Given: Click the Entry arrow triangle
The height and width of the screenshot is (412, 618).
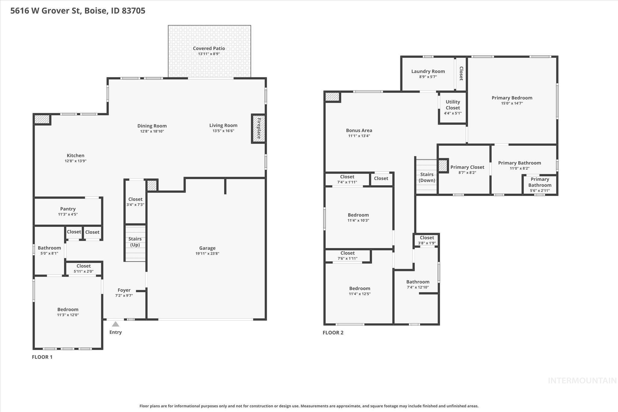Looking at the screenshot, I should [x=116, y=324].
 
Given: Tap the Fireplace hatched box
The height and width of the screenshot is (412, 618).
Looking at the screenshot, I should [x=258, y=128].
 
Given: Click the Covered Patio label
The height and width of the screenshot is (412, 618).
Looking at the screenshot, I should [x=209, y=48].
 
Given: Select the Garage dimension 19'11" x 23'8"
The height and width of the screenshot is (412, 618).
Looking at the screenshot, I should [x=207, y=254].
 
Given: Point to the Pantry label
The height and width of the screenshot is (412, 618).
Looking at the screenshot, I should [x=68, y=209].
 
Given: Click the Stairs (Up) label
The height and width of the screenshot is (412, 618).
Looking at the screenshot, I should [x=135, y=242].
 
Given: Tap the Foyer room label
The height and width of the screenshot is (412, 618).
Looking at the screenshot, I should [x=124, y=290].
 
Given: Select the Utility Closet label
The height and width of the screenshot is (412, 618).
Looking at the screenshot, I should [x=453, y=105].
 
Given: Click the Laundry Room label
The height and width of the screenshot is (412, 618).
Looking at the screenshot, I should [x=428, y=71].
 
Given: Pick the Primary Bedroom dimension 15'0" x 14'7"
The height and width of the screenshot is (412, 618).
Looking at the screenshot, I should [x=512, y=103].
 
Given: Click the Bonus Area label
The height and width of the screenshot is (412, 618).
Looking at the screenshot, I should [x=359, y=130].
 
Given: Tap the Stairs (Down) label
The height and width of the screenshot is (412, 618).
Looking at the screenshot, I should [x=427, y=177].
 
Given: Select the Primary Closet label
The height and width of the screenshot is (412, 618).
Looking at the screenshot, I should [x=467, y=167].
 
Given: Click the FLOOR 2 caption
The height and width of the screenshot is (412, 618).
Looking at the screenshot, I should [x=333, y=333].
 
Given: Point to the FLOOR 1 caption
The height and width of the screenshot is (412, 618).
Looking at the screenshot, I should [x=42, y=357].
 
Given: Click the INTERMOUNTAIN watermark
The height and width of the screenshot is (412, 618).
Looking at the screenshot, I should [x=582, y=381].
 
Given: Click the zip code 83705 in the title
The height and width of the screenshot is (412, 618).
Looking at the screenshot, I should [x=133, y=11].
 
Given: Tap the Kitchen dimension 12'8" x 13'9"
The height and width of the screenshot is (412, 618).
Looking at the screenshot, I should [x=75, y=161].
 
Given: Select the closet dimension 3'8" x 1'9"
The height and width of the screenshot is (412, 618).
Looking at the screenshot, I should [x=427, y=243].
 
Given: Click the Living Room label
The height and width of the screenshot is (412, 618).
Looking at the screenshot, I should [x=223, y=125].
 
